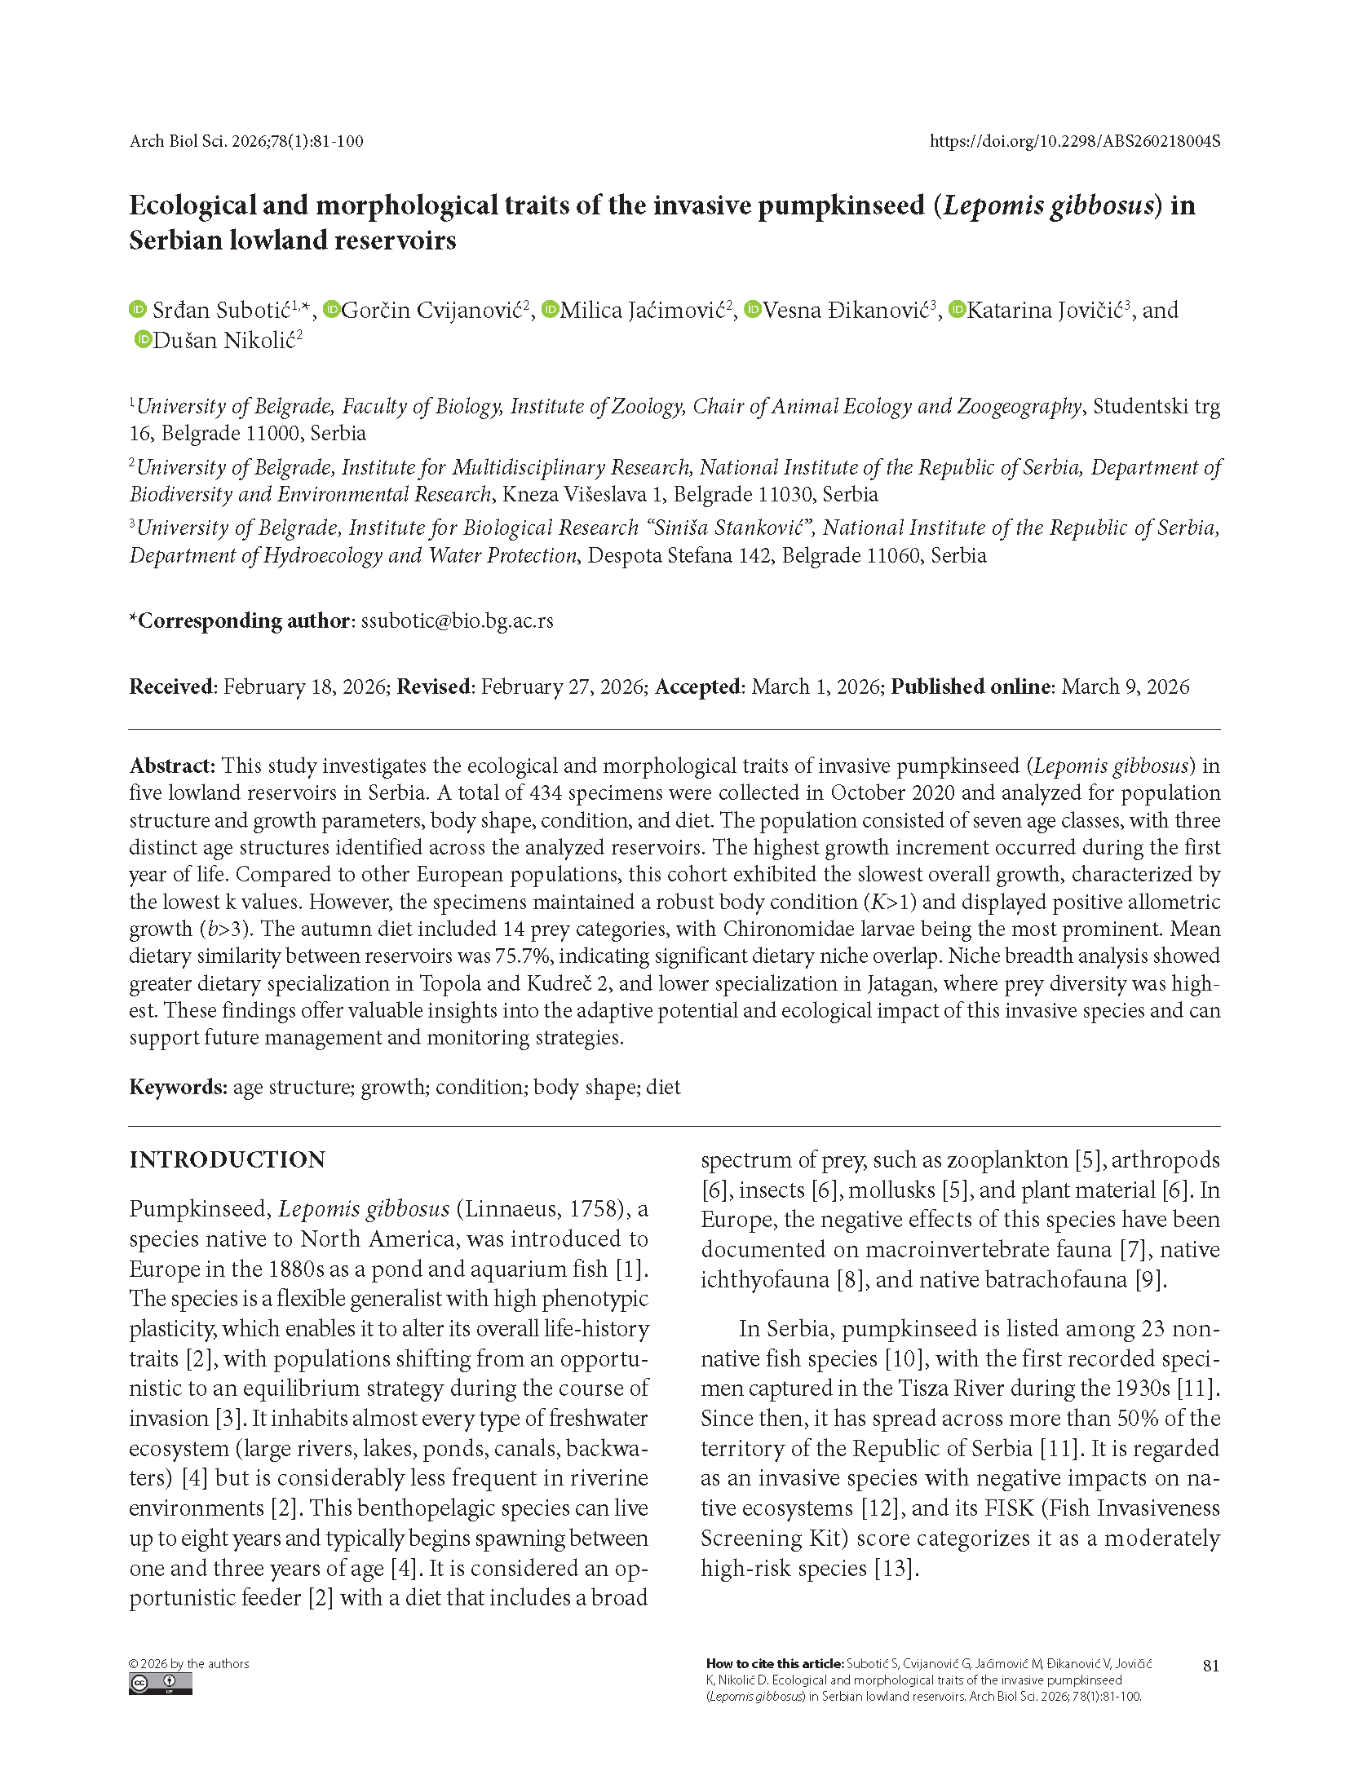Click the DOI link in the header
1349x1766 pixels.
tap(1074, 141)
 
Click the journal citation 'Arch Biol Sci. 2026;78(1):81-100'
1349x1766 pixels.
tap(246, 141)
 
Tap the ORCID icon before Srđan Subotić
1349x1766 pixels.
tap(138, 310)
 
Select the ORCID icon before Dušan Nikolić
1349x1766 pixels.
tap(144, 339)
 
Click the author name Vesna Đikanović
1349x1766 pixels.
tap(846, 311)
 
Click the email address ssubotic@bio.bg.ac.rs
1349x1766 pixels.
tap(457, 620)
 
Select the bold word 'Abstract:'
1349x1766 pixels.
tap(172, 766)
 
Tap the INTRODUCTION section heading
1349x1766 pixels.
tap(227, 1159)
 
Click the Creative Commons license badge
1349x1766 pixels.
tap(160, 1683)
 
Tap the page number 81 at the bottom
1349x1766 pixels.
tap(1211, 1666)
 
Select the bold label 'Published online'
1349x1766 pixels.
tap(970, 687)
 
